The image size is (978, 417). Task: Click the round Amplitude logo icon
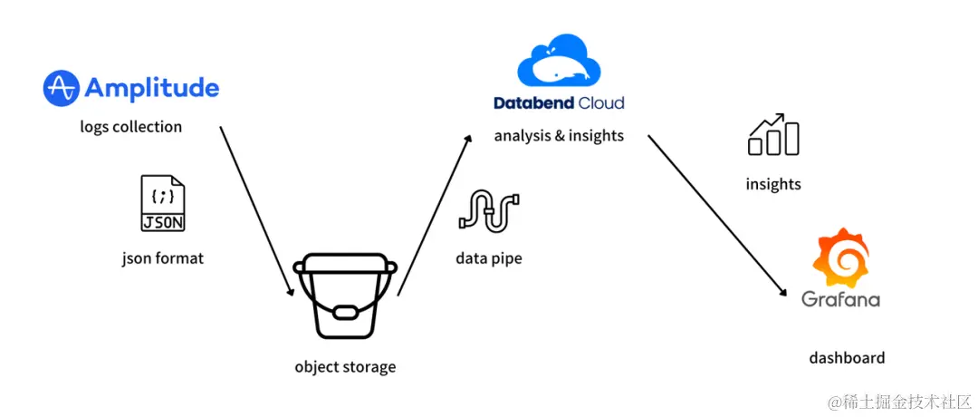61,88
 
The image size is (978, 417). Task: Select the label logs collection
130,127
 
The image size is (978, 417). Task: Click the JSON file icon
163,204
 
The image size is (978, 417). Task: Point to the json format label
163,258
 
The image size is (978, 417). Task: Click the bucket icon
344,296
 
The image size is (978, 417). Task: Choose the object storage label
345,367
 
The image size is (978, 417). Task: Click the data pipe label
489,259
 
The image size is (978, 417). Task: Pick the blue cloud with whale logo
559,61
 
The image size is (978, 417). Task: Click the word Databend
534,103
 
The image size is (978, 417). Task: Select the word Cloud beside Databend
601,103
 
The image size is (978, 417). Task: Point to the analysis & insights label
559,137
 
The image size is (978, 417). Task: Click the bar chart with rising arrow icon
773,135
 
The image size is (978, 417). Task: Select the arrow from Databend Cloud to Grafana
715,215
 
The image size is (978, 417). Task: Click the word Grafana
840,299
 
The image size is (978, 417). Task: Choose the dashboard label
847,358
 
